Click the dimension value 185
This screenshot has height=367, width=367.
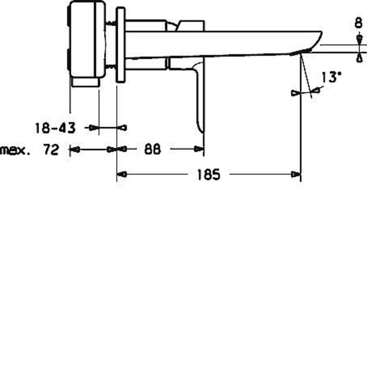point(208,175)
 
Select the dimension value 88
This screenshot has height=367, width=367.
point(152,149)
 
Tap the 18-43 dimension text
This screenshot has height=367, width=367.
point(55,128)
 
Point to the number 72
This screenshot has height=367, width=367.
point(51,149)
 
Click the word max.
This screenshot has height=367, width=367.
point(15,150)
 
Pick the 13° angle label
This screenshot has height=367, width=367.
point(330,77)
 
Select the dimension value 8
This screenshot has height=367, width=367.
point(358,24)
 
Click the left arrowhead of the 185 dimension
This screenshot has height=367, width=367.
point(122,175)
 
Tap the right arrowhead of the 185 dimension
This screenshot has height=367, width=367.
point(296,175)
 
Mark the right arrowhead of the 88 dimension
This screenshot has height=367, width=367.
point(199,149)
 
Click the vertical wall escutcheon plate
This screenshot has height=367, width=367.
point(121,45)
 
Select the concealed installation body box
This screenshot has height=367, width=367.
point(87,39)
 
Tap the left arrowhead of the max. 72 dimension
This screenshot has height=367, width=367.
point(75,149)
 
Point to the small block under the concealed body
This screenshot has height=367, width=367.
point(85,82)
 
